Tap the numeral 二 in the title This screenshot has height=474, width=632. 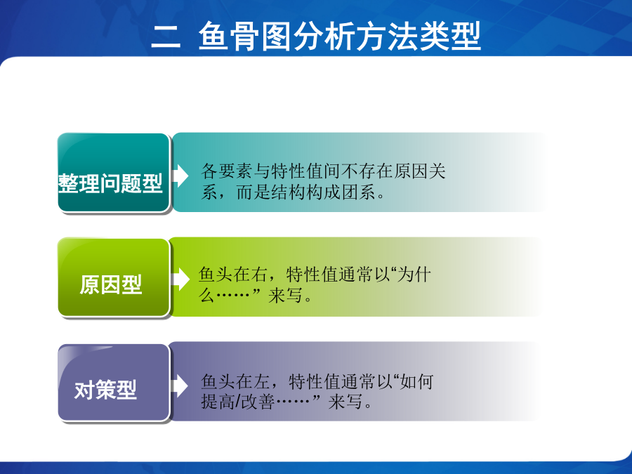(166, 37)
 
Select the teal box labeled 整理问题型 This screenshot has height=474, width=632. (113, 173)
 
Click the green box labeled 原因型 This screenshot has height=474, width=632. (113, 277)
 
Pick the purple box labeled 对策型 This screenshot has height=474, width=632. (113, 383)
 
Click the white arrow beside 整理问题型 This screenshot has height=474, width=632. (180, 176)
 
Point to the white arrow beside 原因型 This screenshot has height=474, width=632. (180, 279)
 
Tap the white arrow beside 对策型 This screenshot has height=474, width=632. (179, 386)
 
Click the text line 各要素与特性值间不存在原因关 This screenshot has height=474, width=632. (323, 171)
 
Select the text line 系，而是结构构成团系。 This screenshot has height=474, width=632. (294, 192)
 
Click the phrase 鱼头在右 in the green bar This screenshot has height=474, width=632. (233, 275)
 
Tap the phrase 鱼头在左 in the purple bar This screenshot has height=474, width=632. (235, 381)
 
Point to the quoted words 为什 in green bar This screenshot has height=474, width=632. (414, 275)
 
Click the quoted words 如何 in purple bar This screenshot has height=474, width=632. (416, 381)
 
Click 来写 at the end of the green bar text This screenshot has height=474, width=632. (285, 296)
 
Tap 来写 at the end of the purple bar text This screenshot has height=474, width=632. (345, 402)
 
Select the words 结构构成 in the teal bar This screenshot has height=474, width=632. (306, 192)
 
